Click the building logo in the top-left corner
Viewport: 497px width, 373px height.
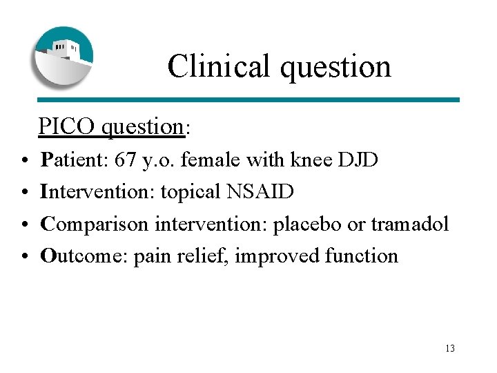pyautogui.click(x=63, y=57)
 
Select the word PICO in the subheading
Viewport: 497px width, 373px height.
pyautogui.click(x=67, y=126)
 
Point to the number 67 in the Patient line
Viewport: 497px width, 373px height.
pyautogui.click(x=126, y=160)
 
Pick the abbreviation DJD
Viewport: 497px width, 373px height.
pyautogui.click(x=358, y=160)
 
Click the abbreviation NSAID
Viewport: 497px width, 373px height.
pyautogui.click(x=260, y=192)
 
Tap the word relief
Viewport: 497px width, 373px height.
pyautogui.click(x=206, y=256)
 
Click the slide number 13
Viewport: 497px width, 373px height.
pyautogui.click(x=450, y=348)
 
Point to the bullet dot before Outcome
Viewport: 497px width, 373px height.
pyautogui.click(x=24, y=257)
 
